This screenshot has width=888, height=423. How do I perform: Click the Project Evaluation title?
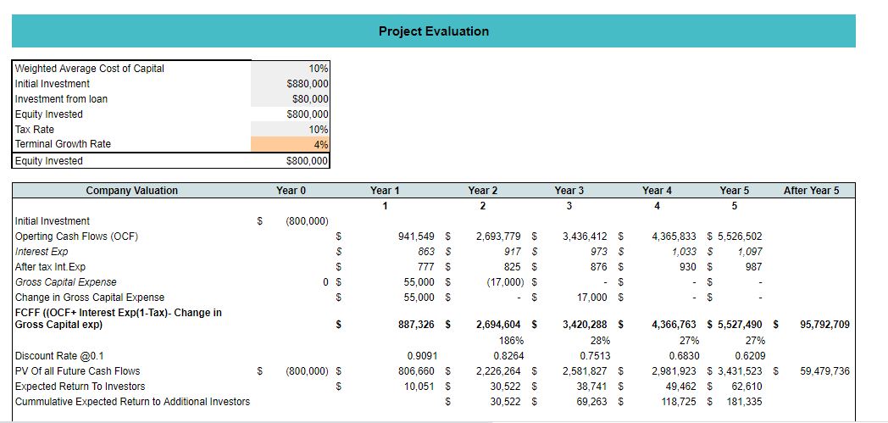[433, 31]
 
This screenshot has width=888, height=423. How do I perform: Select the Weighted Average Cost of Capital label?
[90, 69]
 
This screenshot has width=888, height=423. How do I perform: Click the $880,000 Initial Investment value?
[308, 84]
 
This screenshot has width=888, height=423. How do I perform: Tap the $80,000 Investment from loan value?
[311, 99]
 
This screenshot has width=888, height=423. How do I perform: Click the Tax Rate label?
[35, 130]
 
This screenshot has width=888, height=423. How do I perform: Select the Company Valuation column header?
[132, 191]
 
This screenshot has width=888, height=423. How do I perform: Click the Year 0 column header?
[291, 191]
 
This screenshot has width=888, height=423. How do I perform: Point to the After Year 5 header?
[811, 191]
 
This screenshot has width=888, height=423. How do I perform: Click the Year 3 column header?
[569, 191]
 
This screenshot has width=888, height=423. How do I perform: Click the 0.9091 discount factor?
[423, 356]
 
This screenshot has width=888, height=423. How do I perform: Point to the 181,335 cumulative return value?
[744, 402]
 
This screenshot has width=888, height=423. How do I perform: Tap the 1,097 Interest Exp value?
[750, 252]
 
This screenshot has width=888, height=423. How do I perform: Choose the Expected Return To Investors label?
[80, 387]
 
